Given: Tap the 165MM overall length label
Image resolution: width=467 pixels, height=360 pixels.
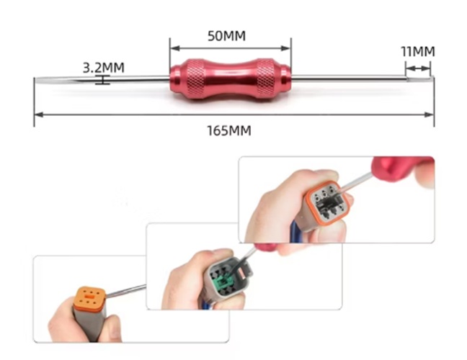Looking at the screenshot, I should point(229,131).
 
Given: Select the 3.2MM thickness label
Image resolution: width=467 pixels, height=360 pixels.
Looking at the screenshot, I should point(103,68).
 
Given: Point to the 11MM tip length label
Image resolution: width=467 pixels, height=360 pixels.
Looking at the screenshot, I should point(418,51).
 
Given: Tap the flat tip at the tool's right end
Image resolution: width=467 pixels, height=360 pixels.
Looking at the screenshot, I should point(425,78).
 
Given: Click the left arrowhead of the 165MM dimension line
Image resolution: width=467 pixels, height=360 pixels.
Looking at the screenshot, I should point(38,114).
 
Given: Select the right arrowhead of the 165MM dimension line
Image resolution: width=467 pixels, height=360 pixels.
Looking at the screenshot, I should point(430,114).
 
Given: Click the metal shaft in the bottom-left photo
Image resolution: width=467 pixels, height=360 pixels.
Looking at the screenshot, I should point(126,292).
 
